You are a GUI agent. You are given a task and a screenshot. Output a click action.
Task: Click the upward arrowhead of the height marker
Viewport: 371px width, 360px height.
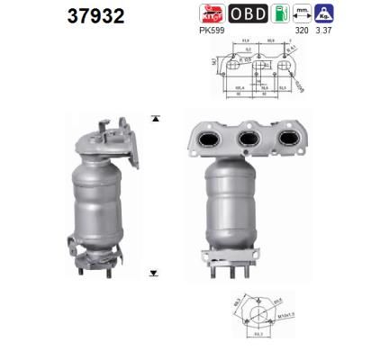pos(155,118)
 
